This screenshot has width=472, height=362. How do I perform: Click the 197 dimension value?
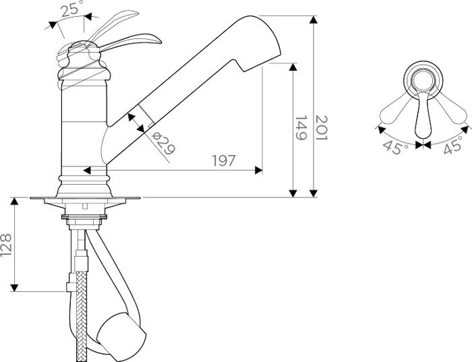pyautogui.click(x=223, y=160)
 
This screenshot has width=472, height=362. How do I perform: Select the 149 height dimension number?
pyautogui.click(x=300, y=128)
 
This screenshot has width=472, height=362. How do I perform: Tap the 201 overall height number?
pyautogui.click(x=321, y=128)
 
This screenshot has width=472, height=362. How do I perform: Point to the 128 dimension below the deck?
pyautogui.click(x=6, y=245)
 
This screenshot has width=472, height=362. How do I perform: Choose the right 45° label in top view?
pyautogui.click(x=453, y=145)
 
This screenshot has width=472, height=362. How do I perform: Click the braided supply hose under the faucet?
pyautogui.click(x=81, y=316)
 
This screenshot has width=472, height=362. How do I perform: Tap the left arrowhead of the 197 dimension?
pyautogui.click(x=87, y=171)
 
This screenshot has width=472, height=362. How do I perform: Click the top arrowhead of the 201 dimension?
pyautogui.click(x=314, y=20)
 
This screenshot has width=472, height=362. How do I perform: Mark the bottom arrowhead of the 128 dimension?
pyautogui.click(x=14, y=288)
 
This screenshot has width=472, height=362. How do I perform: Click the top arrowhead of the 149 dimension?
pyautogui.click(x=293, y=67)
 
